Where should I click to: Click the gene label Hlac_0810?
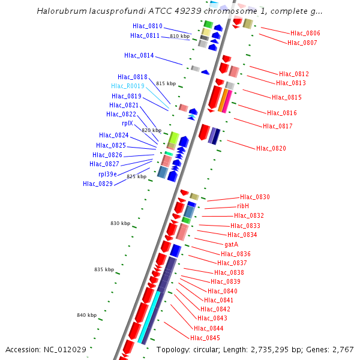point(147,26)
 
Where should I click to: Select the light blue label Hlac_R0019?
point(128,86)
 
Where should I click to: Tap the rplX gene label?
point(127,124)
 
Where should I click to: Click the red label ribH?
point(243,206)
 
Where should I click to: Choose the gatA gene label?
point(231,244)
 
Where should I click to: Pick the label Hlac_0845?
point(205,338)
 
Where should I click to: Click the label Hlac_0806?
point(305,34)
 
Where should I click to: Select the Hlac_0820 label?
point(271,148)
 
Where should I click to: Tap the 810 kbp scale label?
point(179,37)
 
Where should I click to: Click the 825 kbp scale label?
point(136,177)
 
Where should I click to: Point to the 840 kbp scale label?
point(86,315)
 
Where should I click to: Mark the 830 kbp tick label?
point(120,223)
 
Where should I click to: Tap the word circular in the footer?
point(203,349)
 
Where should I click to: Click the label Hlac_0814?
point(139,56)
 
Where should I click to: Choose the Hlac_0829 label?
point(98,184)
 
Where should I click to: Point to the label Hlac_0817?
point(278,126)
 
